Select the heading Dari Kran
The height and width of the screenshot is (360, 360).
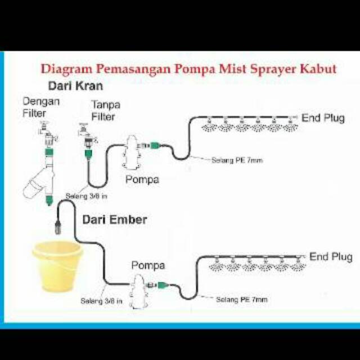75,86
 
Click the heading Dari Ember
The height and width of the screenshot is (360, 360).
115,220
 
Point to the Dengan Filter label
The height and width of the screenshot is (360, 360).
41,107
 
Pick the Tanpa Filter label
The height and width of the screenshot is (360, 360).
106,111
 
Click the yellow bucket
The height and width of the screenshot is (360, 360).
57,267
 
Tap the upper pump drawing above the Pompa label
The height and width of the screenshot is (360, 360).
130,152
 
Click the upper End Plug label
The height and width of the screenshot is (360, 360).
323,118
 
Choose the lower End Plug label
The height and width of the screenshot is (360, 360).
331,257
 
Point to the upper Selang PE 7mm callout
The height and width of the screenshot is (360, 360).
237,160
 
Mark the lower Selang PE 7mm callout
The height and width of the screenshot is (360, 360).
242,299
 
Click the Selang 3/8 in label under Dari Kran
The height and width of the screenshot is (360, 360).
86,196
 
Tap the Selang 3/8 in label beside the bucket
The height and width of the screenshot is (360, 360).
101,301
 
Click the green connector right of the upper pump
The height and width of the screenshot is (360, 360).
155,146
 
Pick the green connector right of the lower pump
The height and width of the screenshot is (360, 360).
163,285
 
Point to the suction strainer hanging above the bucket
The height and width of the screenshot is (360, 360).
58,226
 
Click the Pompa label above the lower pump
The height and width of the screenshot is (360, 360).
148,266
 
